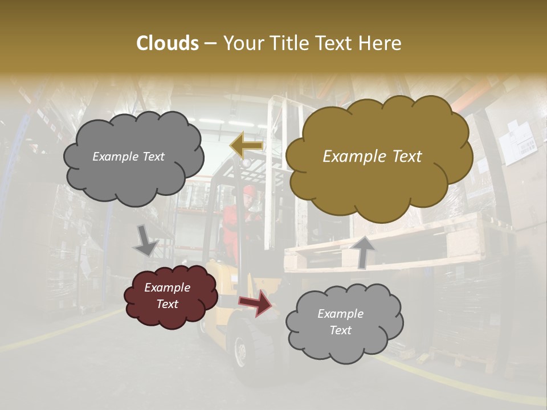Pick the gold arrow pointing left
(246, 145)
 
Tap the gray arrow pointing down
(145, 240)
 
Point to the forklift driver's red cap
(248, 189)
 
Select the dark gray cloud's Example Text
(128, 157)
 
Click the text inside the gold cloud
(372, 157)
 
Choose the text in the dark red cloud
(167, 296)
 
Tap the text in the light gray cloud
(340, 322)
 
